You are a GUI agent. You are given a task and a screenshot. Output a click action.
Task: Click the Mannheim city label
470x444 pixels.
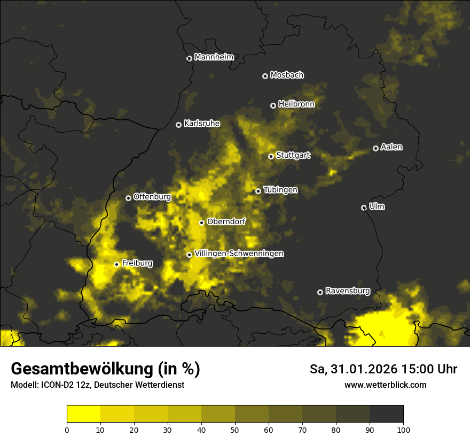pyautogui.click(x=214, y=57)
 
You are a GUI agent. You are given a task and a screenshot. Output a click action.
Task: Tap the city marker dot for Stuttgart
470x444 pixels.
pyautogui.click(x=271, y=156)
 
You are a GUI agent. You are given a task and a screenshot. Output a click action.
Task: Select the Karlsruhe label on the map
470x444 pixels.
pyautogui.click(x=201, y=124)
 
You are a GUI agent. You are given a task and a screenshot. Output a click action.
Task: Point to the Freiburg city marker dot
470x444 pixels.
pyautogui.click(x=116, y=264)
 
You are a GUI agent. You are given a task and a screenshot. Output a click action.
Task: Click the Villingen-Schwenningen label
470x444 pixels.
pyautogui.click(x=239, y=254)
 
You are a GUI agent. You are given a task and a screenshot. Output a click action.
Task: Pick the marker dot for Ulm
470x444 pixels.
pyautogui.click(x=364, y=208)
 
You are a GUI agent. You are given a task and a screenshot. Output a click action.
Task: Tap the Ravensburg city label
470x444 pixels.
pyautogui.click(x=347, y=291)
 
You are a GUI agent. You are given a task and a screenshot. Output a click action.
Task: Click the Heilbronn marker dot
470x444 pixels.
pyautogui.click(x=273, y=105)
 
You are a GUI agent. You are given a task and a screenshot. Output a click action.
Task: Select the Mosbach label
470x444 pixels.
pyautogui.click(x=287, y=75)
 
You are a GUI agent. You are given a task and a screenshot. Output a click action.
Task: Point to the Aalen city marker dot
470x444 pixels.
pyautogui.click(x=375, y=148)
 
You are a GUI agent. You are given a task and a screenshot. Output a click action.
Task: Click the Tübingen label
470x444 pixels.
pyautogui.click(x=280, y=190)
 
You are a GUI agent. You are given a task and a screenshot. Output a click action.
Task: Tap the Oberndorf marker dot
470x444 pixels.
pyautogui.click(x=201, y=223)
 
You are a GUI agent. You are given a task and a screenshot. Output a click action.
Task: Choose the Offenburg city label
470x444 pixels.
pyautogui.click(x=152, y=197)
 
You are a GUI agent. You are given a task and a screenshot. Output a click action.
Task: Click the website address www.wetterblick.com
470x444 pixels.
pyautogui.click(x=385, y=385)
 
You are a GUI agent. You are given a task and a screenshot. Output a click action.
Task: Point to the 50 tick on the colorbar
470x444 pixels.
pyautogui.click(x=235, y=429)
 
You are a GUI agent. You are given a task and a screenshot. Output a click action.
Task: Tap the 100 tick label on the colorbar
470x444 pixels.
pyautogui.click(x=403, y=429)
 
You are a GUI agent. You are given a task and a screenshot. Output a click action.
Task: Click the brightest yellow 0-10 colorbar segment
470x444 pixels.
pyautogui.click(x=84, y=414)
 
